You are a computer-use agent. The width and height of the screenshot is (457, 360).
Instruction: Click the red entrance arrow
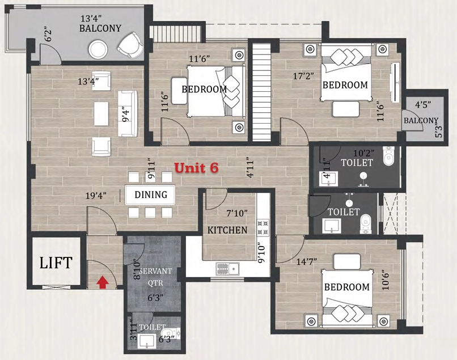coord(103,282)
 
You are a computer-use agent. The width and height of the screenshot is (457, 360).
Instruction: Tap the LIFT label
coord(56,263)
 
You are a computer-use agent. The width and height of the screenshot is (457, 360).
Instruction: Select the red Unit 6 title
coord(196,168)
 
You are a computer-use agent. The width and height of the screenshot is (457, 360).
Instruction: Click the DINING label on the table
coord(151,194)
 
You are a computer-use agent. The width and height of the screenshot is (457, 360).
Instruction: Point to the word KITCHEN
coord(227,230)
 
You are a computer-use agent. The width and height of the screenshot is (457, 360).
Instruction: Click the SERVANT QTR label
coord(155,277)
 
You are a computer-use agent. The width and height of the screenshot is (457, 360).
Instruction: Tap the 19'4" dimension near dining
coord(96,196)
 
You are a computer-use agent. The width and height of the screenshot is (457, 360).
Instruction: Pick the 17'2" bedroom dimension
coord(303,76)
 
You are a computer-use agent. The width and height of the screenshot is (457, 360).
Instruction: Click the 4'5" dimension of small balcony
coord(423,105)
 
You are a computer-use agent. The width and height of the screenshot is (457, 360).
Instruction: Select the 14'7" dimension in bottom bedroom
coord(307,262)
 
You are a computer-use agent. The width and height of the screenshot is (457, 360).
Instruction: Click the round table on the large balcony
coord(98,49)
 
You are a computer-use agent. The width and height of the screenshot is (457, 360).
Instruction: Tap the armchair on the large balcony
coord(131,45)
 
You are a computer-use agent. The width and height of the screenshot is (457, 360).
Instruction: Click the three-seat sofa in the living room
coord(128,113)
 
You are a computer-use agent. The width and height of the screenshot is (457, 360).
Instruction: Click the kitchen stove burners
coord(263,228)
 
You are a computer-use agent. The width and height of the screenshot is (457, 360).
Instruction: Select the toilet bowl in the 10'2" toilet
coord(389,156)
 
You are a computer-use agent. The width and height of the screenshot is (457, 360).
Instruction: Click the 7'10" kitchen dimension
coord(237,213)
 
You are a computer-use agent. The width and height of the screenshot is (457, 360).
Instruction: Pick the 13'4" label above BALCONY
coord(91,19)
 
